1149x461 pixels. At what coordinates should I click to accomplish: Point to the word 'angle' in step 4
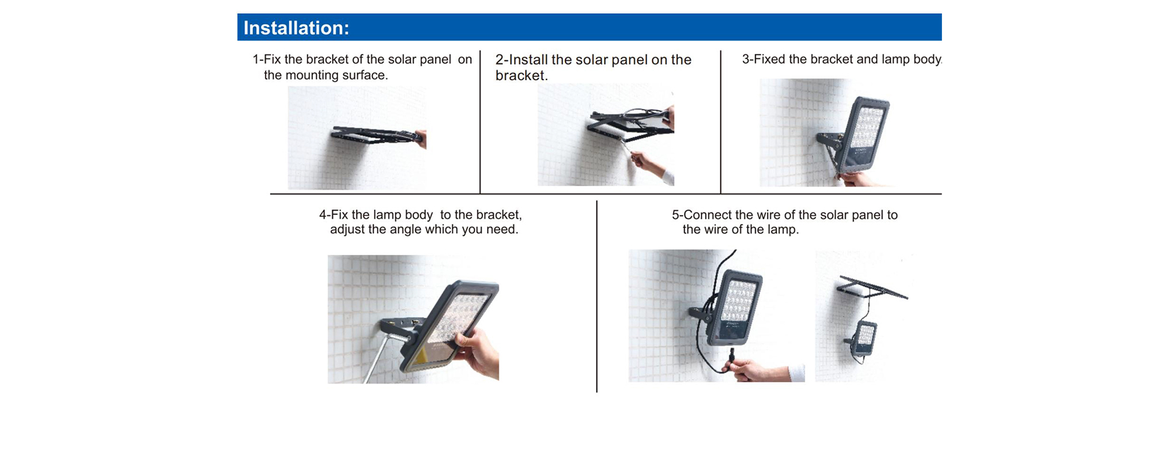[406, 230]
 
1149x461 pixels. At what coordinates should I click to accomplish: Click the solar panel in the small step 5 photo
[873, 287]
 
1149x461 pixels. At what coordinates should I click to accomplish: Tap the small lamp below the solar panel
[863, 339]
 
